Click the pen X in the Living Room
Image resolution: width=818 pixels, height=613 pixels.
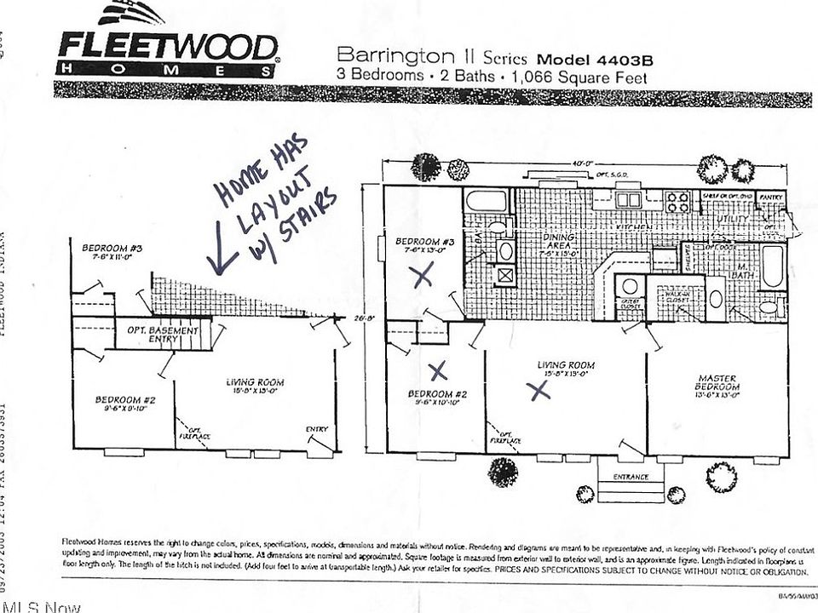(x=538, y=390)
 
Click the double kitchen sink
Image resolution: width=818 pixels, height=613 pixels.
(x=629, y=200)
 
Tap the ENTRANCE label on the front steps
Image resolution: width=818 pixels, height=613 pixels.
(x=631, y=477)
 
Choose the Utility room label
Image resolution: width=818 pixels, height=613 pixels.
(x=734, y=219)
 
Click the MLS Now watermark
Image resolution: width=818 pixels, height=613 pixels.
(x=40, y=606)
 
